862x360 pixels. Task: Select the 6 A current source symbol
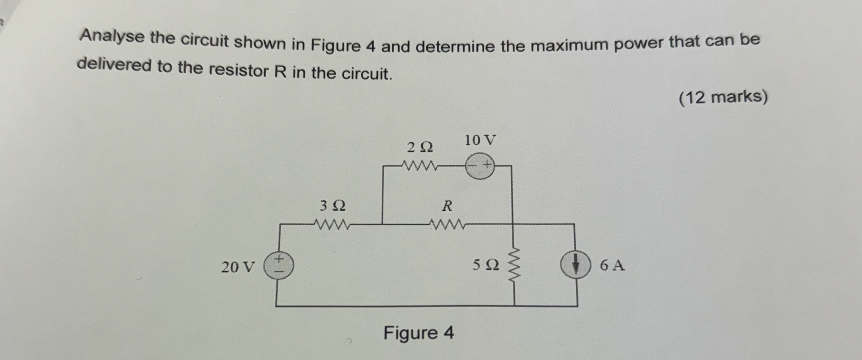[576, 265]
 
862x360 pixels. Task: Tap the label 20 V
[238, 267]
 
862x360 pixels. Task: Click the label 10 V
[480, 140]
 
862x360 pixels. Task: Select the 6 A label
[612, 265]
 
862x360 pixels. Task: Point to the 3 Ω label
[333, 206]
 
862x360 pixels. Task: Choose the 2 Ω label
[420, 147]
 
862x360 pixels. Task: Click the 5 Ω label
[486, 265]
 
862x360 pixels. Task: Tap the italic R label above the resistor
[447, 206]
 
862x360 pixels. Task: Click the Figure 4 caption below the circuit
[418, 333]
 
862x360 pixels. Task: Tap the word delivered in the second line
[114, 65]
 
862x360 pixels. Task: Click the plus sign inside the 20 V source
[279, 259]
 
